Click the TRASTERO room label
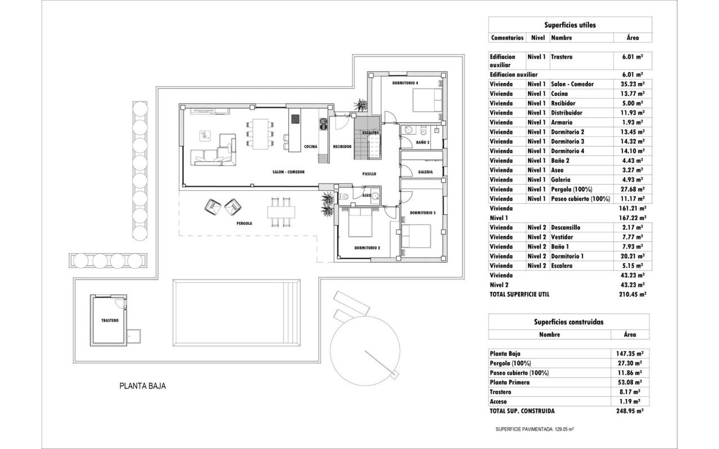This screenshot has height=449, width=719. [x=110, y=320]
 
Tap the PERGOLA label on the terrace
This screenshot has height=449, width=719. [x=244, y=223]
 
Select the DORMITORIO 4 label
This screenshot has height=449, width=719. [x=405, y=83]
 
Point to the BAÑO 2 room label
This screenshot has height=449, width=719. [x=423, y=143]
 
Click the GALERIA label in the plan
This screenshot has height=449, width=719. [x=425, y=172]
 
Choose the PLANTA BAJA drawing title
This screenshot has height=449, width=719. [x=143, y=386]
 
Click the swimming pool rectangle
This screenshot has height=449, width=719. [x=236, y=313]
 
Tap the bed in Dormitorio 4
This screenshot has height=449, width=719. [x=427, y=100]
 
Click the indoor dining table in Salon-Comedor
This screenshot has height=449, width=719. [x=260, y=134]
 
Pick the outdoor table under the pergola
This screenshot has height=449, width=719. [x=281, y=212]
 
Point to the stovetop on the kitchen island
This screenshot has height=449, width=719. [x=295, y=119]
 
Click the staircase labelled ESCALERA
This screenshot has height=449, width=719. [x=367, y=138]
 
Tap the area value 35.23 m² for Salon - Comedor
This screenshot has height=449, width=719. [x=632, y=84]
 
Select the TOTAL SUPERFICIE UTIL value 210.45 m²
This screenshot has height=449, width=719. [x=632, y=295]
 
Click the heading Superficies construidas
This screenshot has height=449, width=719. [x=568, y=322]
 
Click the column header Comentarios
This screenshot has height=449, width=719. [x=507, y=38]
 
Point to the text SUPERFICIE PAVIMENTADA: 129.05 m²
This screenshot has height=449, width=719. [x=535, y=429]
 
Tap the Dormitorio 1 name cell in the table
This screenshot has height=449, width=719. [x=567, y=256]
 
